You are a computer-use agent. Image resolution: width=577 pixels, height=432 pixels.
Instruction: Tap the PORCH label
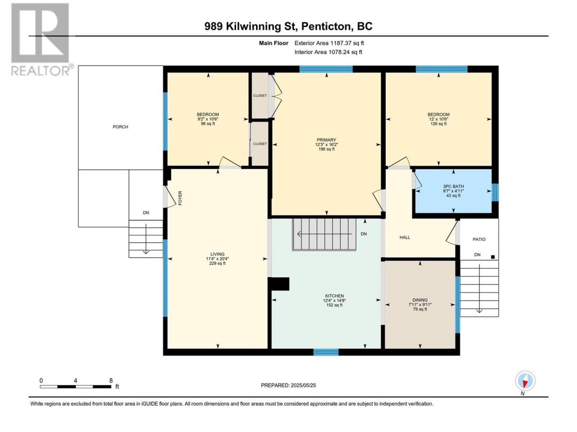click(120, 127)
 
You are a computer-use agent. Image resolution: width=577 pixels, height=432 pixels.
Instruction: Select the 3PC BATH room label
click(453, 186)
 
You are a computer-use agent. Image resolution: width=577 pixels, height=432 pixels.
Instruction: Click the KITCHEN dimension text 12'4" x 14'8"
click(334, 300)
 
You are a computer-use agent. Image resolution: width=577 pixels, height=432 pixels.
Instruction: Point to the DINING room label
click(420, 300)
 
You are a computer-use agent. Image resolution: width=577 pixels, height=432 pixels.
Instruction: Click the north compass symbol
click(525, 381)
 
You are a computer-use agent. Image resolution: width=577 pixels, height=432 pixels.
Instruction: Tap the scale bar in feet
click(75, 387)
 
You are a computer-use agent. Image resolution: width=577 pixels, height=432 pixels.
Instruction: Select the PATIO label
click(479, 239)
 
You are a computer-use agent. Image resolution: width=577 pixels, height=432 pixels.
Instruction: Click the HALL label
click(404, 238)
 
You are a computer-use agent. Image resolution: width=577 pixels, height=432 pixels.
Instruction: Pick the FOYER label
click(180, 198)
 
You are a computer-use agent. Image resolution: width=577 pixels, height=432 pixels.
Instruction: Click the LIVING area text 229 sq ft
click(217, 263)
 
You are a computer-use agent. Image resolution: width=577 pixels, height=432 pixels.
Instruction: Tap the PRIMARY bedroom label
click(326, 140)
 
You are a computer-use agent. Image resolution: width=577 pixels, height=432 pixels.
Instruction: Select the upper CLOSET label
click(260, 95)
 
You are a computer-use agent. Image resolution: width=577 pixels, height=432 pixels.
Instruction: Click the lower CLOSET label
click(260, 144)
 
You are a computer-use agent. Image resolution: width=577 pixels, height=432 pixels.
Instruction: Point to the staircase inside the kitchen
click(324, 234)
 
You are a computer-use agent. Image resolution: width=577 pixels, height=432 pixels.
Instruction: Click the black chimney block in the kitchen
click(279, 284)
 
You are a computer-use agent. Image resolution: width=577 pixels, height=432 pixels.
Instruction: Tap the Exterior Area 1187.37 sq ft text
click(329, 43)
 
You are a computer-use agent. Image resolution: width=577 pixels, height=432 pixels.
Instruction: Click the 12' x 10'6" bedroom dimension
click(438, 119)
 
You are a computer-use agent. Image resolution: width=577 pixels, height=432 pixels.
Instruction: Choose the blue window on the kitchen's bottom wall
click(326, 352)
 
